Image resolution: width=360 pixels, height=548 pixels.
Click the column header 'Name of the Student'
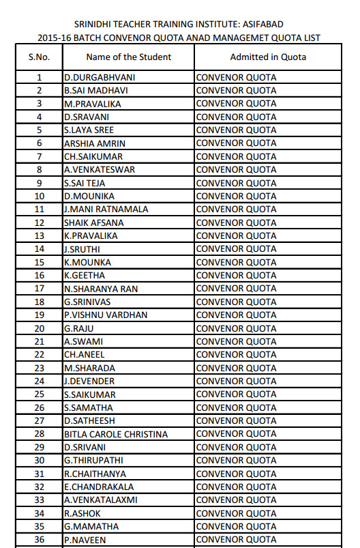point(129,57)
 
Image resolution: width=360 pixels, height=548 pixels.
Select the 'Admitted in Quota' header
point(268,57)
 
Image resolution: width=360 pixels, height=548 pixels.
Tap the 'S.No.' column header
point(39,57)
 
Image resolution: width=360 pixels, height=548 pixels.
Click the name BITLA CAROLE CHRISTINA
point(115,434)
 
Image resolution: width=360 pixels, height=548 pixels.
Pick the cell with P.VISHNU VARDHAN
point(105,315)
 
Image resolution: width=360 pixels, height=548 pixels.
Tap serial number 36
point(39,539)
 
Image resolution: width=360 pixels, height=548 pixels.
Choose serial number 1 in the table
point(39,77)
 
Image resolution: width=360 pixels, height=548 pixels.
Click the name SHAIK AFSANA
point(94,222)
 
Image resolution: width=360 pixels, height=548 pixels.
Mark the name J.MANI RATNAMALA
point(106,209)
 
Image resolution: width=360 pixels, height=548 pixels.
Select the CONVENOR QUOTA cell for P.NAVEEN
point(236,539)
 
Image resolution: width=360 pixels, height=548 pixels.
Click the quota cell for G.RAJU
point(236,328)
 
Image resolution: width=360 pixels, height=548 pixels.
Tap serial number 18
point(39,302)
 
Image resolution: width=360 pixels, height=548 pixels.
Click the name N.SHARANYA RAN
point(101,289)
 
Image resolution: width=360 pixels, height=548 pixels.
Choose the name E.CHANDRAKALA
point(99,487)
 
